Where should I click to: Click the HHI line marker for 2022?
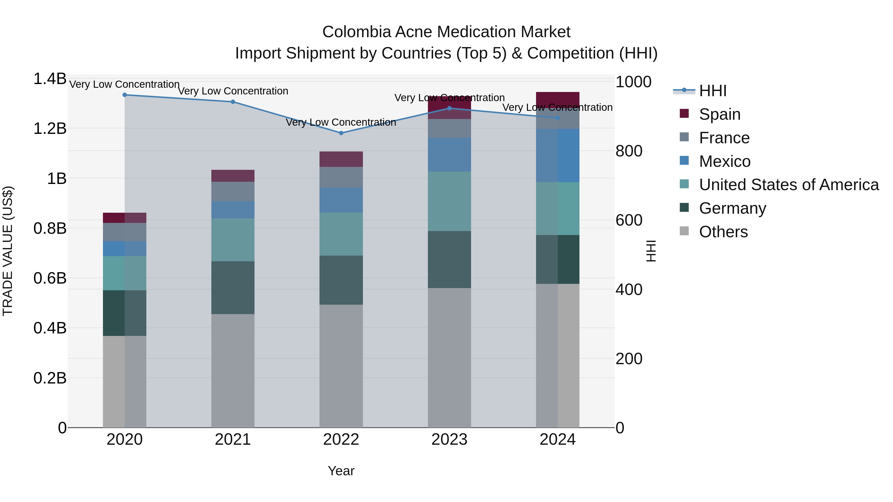(341, 133)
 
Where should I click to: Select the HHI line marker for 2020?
(125, 95)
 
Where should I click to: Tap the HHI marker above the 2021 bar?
(233, 102)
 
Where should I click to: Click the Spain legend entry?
(719, 114)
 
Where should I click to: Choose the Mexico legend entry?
(725, 161)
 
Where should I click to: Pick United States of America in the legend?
(789, 185)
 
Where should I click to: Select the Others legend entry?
(723, 232)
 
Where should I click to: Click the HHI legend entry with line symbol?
(712, 91)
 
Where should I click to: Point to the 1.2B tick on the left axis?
(50, 128)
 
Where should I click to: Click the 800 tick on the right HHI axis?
(629, 151)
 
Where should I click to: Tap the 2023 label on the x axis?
(449, 440)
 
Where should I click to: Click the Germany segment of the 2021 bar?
(233, 288)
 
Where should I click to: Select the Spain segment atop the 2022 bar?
(341, 159)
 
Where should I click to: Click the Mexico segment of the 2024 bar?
(557, 155)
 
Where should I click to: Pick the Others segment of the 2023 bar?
(449, 357)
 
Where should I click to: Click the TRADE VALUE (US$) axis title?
(8, 251)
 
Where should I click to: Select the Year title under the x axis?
(341, 471)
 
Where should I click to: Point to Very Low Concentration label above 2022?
(341, 122)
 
